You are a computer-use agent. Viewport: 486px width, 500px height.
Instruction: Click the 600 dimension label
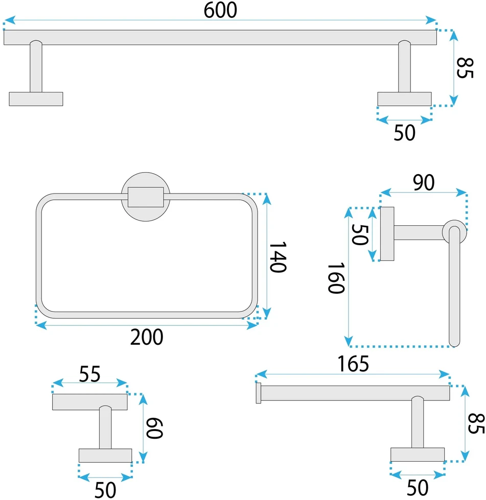tap(220, 10)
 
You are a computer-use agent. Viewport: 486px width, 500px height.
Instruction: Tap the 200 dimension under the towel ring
tap(147, 337)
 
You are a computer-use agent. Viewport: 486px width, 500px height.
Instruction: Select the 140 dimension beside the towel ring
tap(278, 257)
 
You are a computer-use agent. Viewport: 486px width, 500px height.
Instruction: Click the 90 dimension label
tap(424, 182)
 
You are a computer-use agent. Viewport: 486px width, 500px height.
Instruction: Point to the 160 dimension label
tap(336, 278)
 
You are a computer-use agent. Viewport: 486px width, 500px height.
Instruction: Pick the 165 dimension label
tap(353, 364)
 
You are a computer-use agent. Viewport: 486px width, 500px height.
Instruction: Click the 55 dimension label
tap(89, 374)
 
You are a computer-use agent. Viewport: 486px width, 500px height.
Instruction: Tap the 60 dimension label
tap(154, 428)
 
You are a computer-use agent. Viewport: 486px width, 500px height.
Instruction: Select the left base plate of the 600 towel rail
tap(36, 99)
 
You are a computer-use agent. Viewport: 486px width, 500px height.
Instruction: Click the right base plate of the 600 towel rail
tap(404, 99)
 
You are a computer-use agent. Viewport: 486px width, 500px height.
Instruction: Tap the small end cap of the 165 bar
tap(259, 393)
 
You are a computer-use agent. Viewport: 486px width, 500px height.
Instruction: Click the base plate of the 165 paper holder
tap(418, 455)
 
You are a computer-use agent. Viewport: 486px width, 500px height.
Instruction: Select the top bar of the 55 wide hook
tap(89, 402)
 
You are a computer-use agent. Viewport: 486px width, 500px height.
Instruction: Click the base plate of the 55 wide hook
tap(105, 456)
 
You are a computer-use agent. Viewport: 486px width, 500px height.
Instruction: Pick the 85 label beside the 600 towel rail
tap(465, 68)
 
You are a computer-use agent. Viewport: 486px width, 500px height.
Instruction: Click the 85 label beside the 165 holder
tap(476, 423)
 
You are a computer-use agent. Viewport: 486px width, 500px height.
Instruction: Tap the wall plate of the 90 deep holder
tap(387, 234)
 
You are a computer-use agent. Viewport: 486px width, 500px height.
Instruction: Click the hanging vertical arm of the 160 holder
tap(454, 287)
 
